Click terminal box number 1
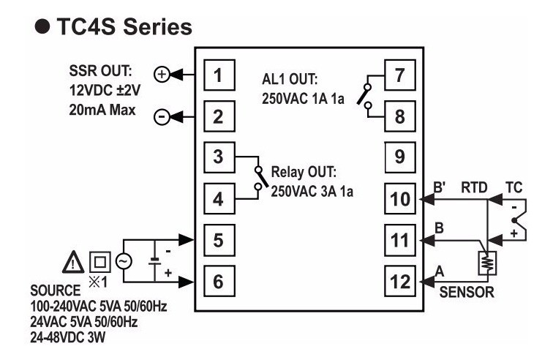tap(219, 75)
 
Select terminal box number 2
tap(219, 116)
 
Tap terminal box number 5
tap(219, 239)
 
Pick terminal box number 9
tap(399, 154)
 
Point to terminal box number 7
tap(399, 75)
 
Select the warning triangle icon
tap(74, 260)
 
